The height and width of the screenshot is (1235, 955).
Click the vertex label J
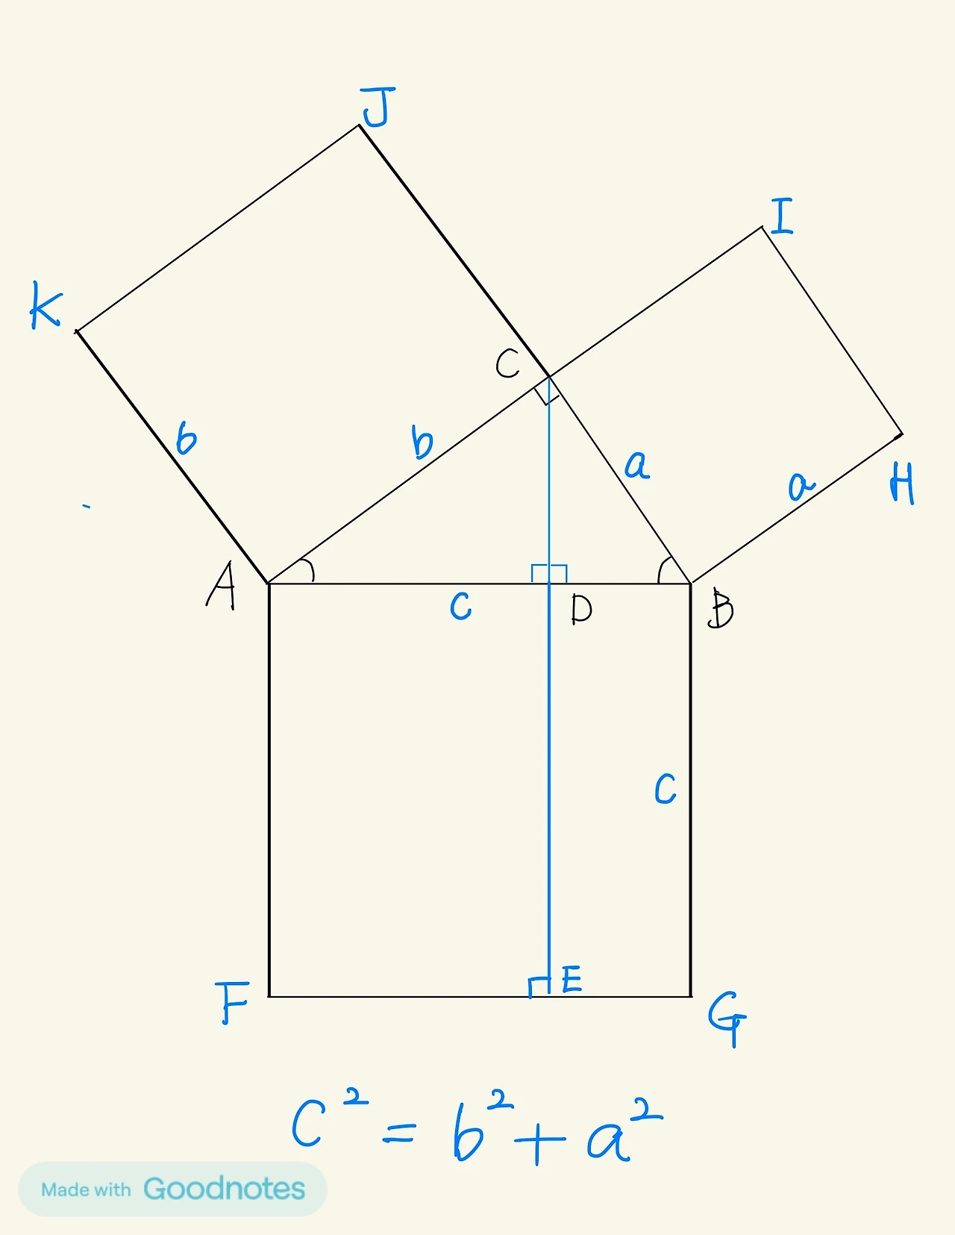[x=377, y=107]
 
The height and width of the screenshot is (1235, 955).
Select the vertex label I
[x=782, y=216]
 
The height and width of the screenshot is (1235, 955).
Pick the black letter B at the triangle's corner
[x=721, y=609]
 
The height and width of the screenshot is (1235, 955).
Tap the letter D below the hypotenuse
[x=581, y=610]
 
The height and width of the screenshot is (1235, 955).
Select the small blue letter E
[x=572, y=979]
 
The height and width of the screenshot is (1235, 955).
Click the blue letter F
[x=234, y=1002]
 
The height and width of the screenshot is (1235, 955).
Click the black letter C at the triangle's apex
[x=507, y=364]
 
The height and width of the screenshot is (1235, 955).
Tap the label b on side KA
[x=186, y=438]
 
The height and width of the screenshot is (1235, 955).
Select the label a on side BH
[x=801, y=486]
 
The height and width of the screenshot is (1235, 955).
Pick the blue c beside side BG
[x=665, y=789]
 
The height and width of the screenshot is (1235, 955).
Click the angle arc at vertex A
[x=308, y=571]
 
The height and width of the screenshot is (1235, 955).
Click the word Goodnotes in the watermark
[x=224, y=1189]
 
